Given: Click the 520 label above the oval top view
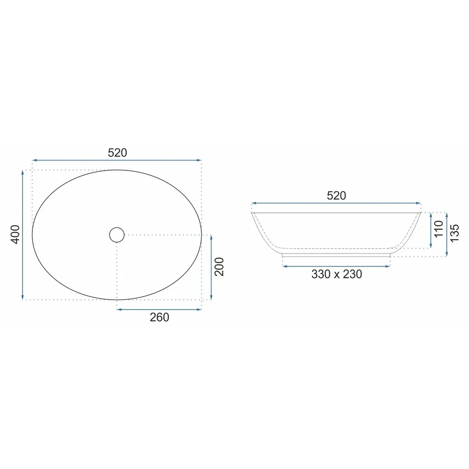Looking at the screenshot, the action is pos(117,153).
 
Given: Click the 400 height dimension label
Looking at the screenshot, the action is pos(15,234).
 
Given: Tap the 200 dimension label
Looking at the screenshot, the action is pos(219,266).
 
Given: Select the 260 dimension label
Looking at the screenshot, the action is pos(159,318).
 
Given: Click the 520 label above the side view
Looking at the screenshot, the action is pos(336,196).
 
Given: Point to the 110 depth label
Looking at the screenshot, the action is pos(439,229).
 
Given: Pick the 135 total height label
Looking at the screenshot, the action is pos(454,233).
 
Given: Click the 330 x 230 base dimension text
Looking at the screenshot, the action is pos(337,274).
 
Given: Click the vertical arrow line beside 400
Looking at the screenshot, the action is pos(23,235).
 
